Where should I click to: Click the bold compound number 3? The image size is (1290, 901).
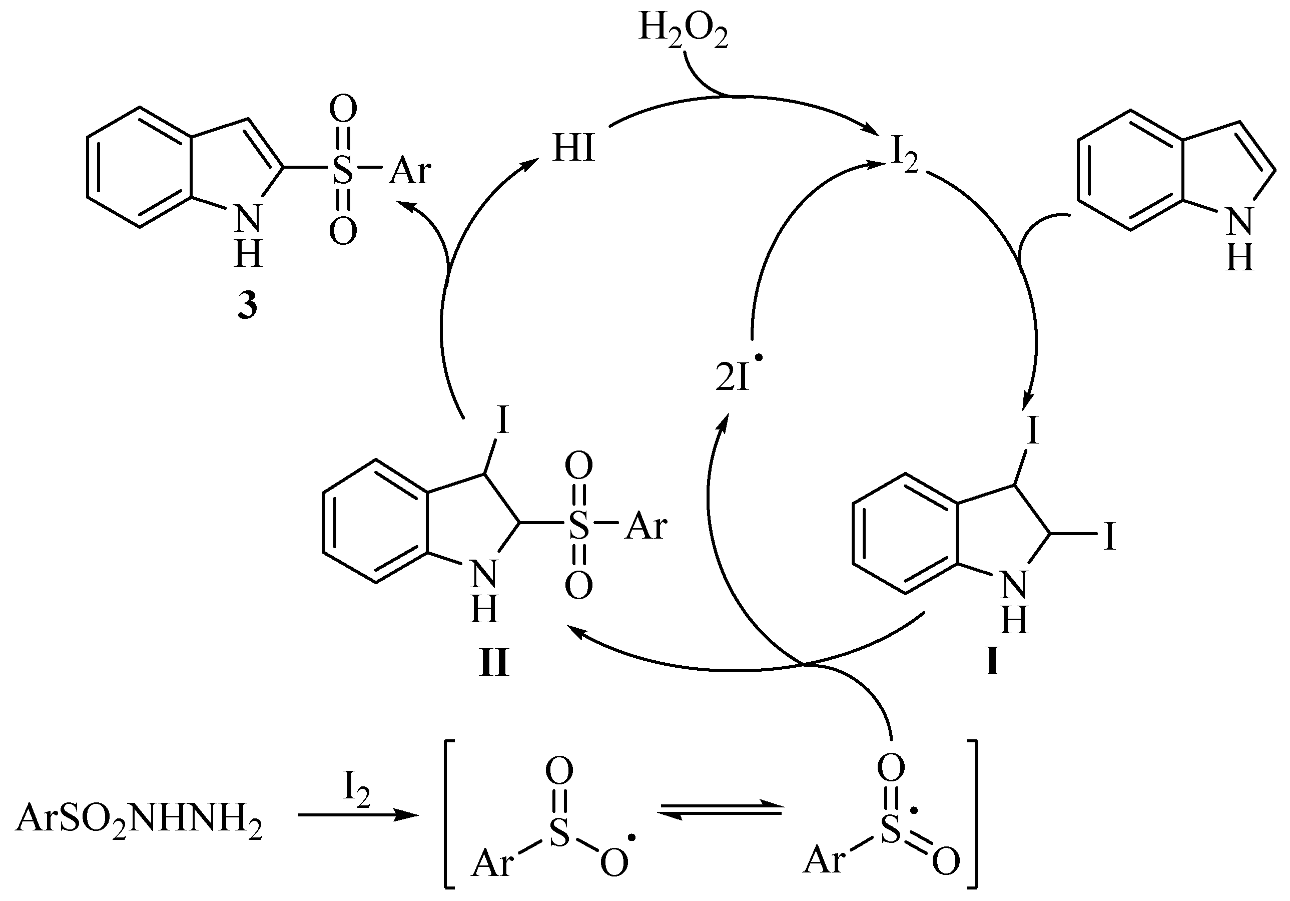pyautogui.click(x=247, y=307)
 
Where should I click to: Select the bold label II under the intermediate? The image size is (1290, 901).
pyautogui.click(x=494, y=664)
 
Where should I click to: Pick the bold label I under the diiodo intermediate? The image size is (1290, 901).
pyautogui.click(x=992, y=664)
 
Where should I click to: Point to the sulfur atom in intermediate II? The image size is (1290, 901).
pyautogui.click(x=578, y=526)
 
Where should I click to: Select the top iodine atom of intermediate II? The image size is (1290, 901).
pyautogui.click(x=502, y=420)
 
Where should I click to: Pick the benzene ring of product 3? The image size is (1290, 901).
pyautogui.click(x=139, y=168)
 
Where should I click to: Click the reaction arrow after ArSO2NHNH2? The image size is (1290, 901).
pyautogui.click(x=358, y=815)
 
